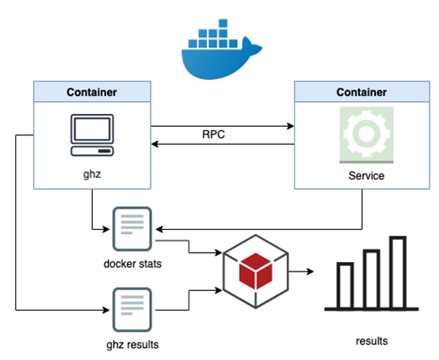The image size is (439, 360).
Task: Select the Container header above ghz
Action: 92,92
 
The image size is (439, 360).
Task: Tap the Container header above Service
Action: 362,92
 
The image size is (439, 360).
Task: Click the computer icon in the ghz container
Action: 92,135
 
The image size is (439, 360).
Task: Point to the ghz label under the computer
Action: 92,174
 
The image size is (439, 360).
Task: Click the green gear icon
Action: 367,135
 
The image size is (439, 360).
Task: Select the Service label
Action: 367,175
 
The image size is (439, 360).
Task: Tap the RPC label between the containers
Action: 214,134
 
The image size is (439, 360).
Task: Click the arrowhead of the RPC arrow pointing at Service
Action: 291,126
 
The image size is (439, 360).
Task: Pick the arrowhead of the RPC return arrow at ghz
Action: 155,144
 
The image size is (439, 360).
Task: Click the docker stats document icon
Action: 132,229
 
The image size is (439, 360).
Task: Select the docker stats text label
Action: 133,264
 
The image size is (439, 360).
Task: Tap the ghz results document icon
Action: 132,310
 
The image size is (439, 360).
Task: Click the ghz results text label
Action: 133,345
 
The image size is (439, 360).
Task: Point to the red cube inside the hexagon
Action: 256,271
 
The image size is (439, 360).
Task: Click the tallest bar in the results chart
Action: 398,272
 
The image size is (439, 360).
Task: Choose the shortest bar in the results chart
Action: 345,286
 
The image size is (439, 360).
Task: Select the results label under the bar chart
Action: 372,341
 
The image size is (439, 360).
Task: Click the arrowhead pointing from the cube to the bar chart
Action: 311,271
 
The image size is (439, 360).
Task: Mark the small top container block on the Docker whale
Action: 223,23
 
